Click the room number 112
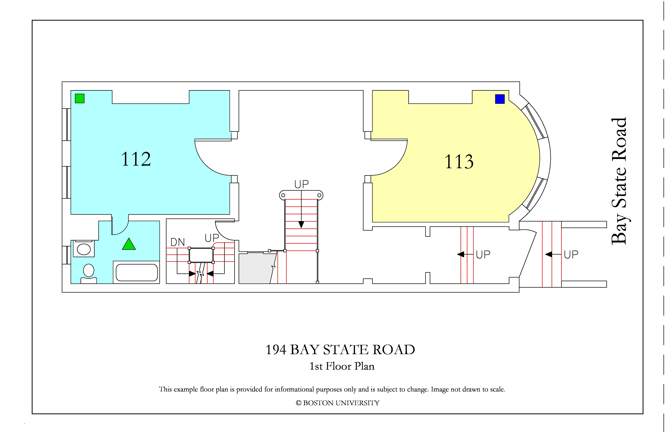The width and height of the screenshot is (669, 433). coord(136,159)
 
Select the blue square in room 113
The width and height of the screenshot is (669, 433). coord(500,99)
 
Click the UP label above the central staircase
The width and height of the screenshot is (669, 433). coord(301,184)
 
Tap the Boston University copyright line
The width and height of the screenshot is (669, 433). coord(338,403)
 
